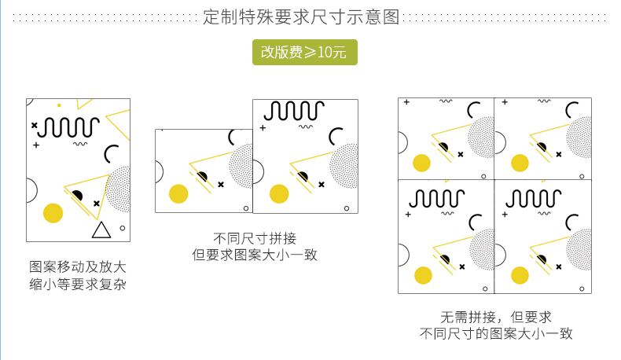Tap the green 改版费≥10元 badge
point(304,53)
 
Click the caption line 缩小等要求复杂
point(78,284)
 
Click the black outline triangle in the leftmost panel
point(101,230)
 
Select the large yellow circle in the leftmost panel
point(53,212)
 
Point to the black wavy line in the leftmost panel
point(68,127)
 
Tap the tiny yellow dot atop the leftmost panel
point(59,105)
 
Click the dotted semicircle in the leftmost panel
point(120,189)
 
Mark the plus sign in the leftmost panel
point(36,145)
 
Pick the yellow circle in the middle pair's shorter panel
point(178,193)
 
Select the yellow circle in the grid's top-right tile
point(520,163)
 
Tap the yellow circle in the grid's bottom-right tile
point(520,275)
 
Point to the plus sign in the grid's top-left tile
point(406,102)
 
